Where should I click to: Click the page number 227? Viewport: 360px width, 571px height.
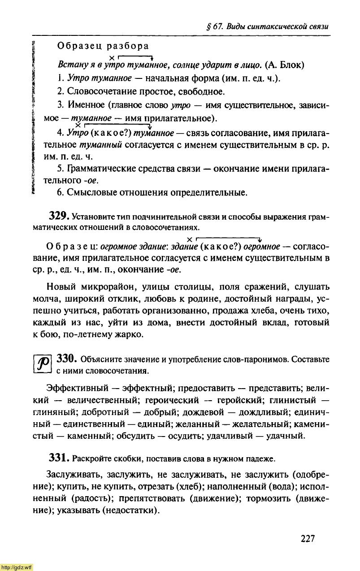(x=308, y=538)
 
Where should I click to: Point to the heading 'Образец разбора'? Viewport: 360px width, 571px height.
(x=103, y=46)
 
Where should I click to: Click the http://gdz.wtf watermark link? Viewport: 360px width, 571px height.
(x=17, y=567)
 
